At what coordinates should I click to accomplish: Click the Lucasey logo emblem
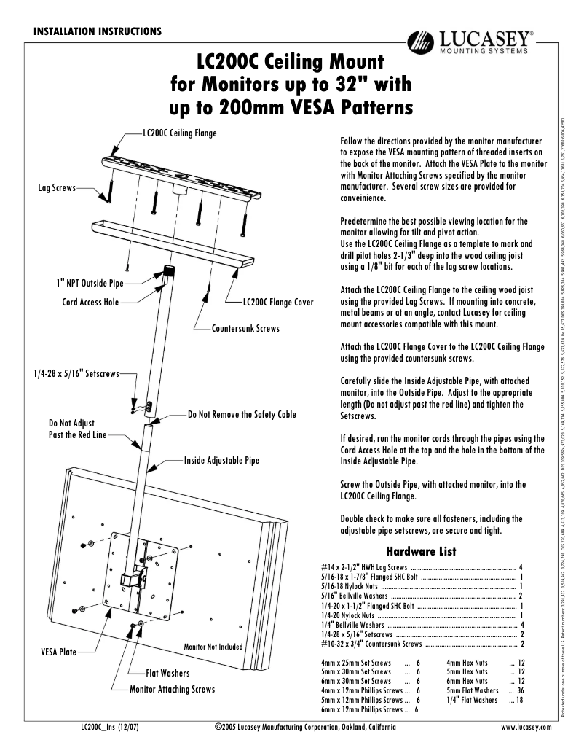coord(421,44)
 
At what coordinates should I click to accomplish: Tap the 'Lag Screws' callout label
coord(57,188)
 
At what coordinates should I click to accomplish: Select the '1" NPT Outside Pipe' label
coord(90,282)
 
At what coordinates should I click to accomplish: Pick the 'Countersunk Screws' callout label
coord(245,329)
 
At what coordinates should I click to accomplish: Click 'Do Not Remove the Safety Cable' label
coord(242,414)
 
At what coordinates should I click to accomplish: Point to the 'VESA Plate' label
coord(58,652)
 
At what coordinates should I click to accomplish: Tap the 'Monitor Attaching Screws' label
coord(172,689)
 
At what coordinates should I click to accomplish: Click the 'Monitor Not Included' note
coord(213,646)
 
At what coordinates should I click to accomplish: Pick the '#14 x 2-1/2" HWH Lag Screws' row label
coord(365,566)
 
